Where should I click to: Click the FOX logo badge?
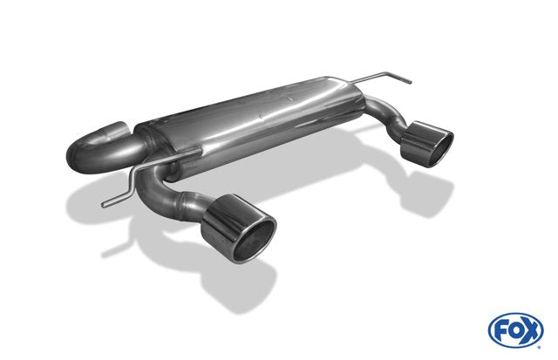(x=515, y=330)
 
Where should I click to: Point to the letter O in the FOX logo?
(x=515, y=331)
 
